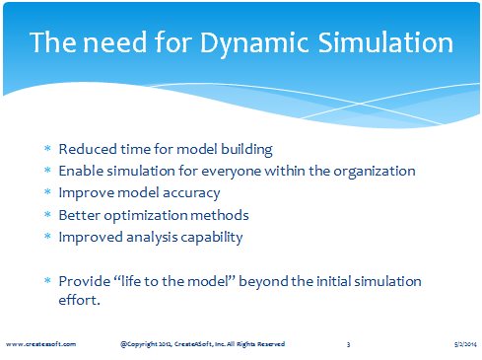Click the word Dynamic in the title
click(254, 43)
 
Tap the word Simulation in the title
click(385, 42)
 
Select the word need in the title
click(114, 42)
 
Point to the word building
click(246, 150)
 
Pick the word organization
click(375, 172)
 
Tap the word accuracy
click(191, 193)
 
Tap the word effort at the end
click(79, 300)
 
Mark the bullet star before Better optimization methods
click(47, 214)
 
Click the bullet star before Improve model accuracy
click(47, 191)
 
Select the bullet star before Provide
click(47, 280)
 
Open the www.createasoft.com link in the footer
click(40, 344)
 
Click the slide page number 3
click(348, 344)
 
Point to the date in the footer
click(465, 344)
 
